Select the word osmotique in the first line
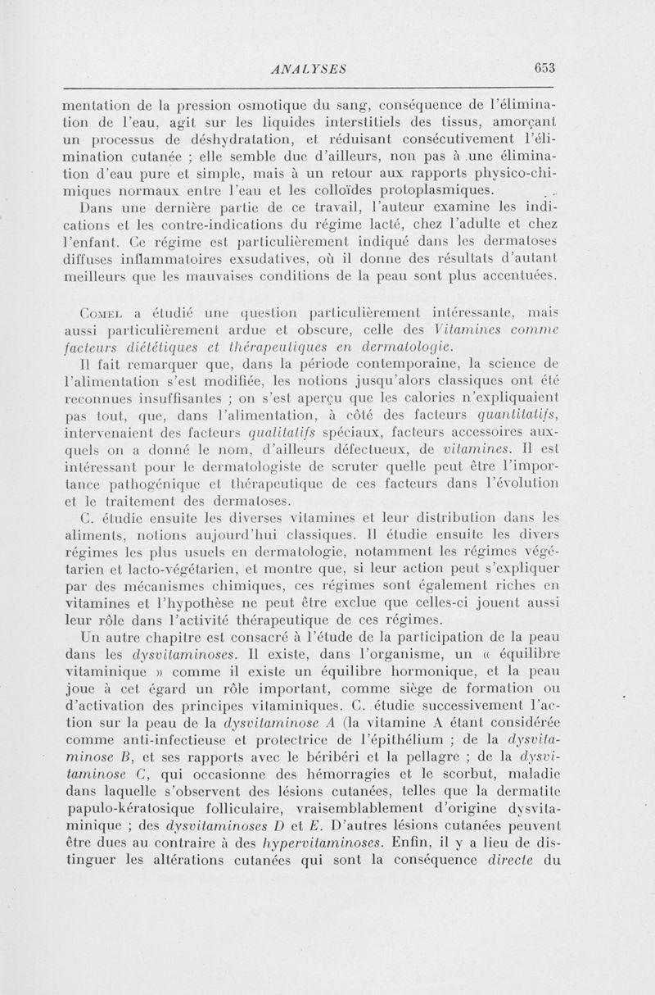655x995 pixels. point(280,104)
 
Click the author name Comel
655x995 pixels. point(102,312)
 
